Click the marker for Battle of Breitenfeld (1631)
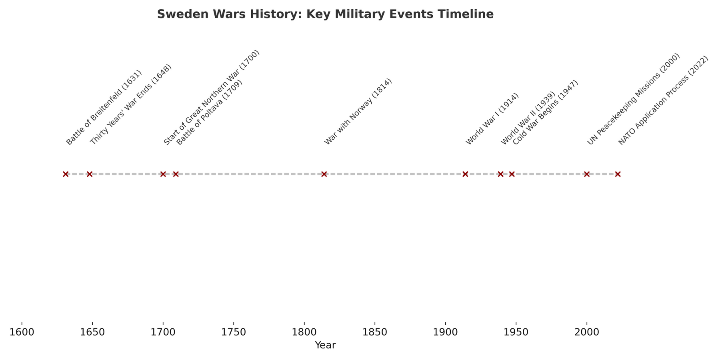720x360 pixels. [x=66, y=174]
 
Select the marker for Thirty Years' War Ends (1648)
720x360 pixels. [x=90, y=174]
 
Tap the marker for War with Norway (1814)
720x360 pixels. [x=324, y=174]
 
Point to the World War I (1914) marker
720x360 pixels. [x=465, y=174]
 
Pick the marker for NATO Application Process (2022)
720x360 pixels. [x=618, y=174]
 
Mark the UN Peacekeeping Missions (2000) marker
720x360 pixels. [x=587, y=174]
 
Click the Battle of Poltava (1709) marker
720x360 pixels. [x=176, y=174]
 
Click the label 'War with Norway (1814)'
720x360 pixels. [x=358, y=112]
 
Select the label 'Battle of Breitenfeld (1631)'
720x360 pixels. [x=104, y=108]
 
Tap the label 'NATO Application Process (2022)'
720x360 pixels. [x=663, y=101]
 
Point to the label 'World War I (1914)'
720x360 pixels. [x=492, y=119]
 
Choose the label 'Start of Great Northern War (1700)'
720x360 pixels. [x=212, y=98]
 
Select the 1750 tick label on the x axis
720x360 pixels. [x=233, y=332]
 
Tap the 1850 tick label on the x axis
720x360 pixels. [x=374, y=332]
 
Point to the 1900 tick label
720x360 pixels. [x=445, y=332]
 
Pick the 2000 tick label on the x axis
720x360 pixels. [x=587, y=332]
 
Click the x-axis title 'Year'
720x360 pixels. [x=325, y=345]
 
